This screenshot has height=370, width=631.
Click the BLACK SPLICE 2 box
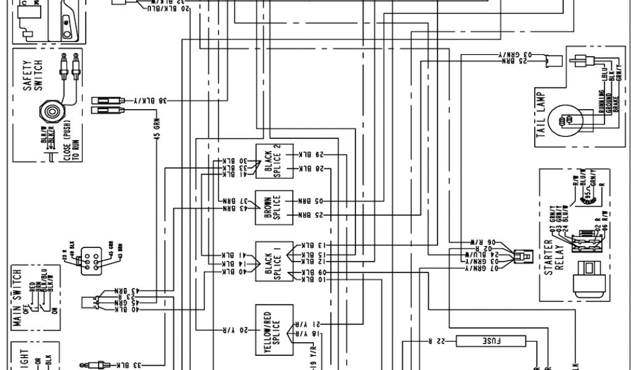pyautogui.click(x=272, y=161)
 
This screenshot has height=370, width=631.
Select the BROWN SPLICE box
pyautogui.click(x=272, y=208)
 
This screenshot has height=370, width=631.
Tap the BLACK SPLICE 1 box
pyautogui.click(x=272, y=260)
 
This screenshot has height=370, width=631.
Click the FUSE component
pyautogui.click(x=491, y=340)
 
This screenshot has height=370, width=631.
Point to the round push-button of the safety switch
pyautogui.click(x=51, y=112)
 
